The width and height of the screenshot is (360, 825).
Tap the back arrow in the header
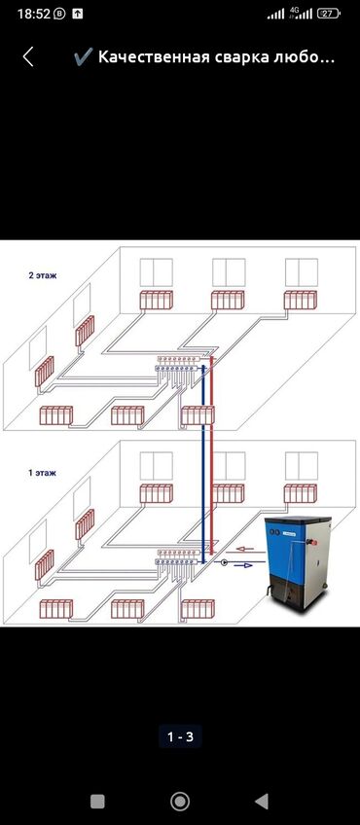pyautogui.click(x=28, y=56)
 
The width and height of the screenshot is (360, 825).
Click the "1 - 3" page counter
pyautogui.click(x=180, y=737)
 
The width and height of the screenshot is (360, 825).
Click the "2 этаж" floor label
pyautogui.click(x=43, y=275)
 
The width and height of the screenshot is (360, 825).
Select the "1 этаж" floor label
pyautogui.click(x=42, y=473)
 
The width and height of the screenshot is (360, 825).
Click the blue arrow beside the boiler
pyautogui.click(x=243, y=564)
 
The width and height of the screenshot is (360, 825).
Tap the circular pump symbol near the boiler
pyautogui.click(x=224, y=562)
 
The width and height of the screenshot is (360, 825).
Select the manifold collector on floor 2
pyautogui.click(x=176, y=364)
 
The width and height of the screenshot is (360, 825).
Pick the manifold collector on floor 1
pyautogui.click(x=176, y=557)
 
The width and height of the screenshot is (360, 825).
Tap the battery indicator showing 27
pyautogui.click(x=329, y=14)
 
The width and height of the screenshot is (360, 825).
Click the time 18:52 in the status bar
pyautogui.click(x=34, y=14)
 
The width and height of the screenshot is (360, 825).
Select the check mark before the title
pyautogui.click(x=83, y=56)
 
